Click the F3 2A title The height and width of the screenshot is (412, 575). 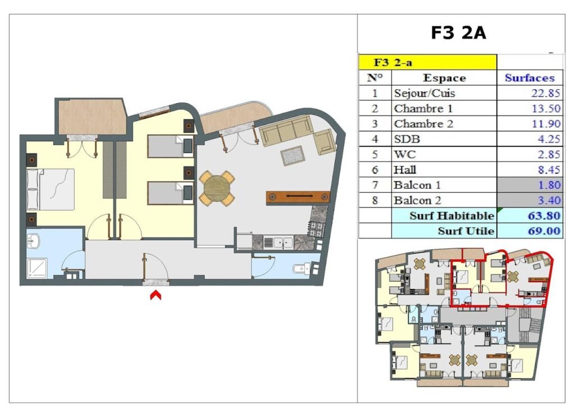458,33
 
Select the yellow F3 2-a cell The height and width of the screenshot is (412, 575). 427,62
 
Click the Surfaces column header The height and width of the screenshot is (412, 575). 530,77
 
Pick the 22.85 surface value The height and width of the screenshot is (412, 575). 546,93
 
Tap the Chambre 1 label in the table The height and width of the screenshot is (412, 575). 423,108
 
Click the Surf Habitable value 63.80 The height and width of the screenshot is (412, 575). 544,216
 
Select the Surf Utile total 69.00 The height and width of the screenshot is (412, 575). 544,231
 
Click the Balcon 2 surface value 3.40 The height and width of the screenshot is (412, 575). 549,200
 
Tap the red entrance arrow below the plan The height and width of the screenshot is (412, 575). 156,295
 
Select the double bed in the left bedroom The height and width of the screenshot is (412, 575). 51,189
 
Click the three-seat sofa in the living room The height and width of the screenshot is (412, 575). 286,130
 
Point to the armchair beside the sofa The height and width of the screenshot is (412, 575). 325,142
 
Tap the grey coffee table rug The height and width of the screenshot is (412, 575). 293,156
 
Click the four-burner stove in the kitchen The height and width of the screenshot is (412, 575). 316,229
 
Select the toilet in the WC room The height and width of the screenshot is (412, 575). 302,269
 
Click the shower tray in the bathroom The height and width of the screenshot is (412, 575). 37,269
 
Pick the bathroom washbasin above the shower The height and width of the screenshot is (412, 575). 33,241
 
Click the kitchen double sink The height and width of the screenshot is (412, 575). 279,242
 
